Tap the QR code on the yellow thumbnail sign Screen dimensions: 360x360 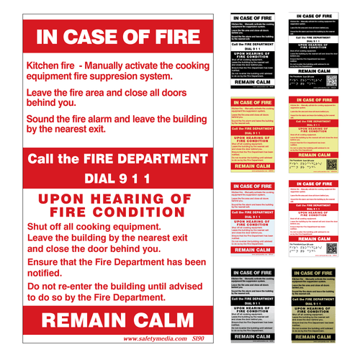(331, 164)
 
